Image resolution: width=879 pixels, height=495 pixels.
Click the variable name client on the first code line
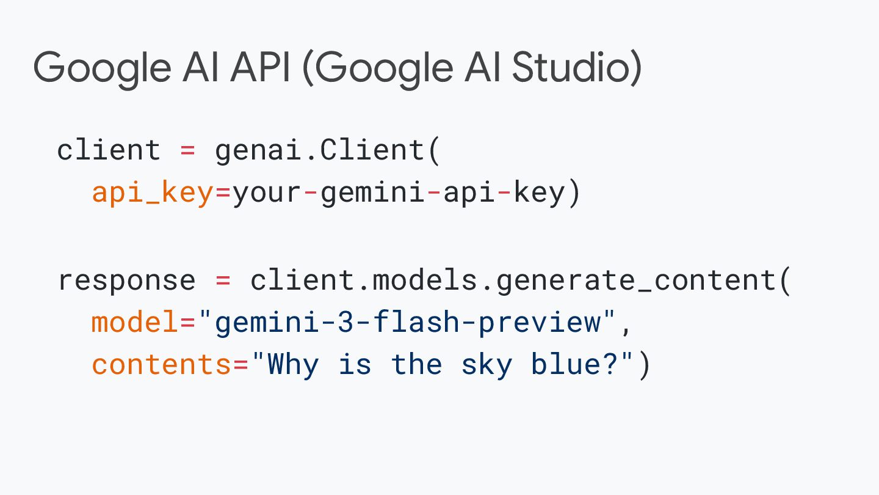[109, 150]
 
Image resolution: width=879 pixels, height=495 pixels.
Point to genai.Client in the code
[320, 150]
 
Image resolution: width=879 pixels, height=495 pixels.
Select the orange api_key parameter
[152, 193]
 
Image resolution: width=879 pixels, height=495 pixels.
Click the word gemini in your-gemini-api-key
[373, 193]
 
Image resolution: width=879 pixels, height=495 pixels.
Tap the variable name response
[126, 280]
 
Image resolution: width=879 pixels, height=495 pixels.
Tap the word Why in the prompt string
[294, 365]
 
